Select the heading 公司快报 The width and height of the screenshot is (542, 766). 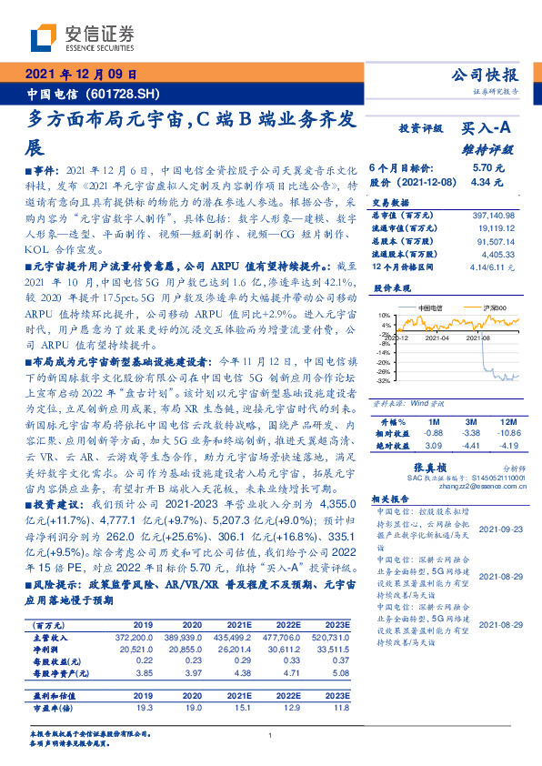(x=489, y=75)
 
